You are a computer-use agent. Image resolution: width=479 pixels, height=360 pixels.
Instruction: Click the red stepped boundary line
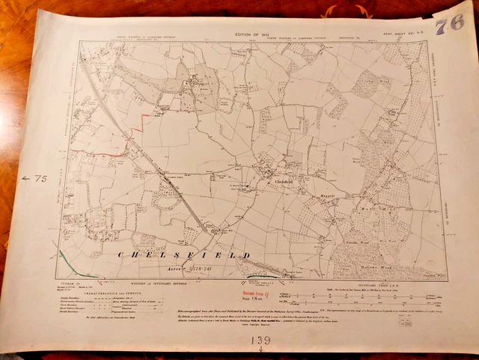click(x=142, y=120)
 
